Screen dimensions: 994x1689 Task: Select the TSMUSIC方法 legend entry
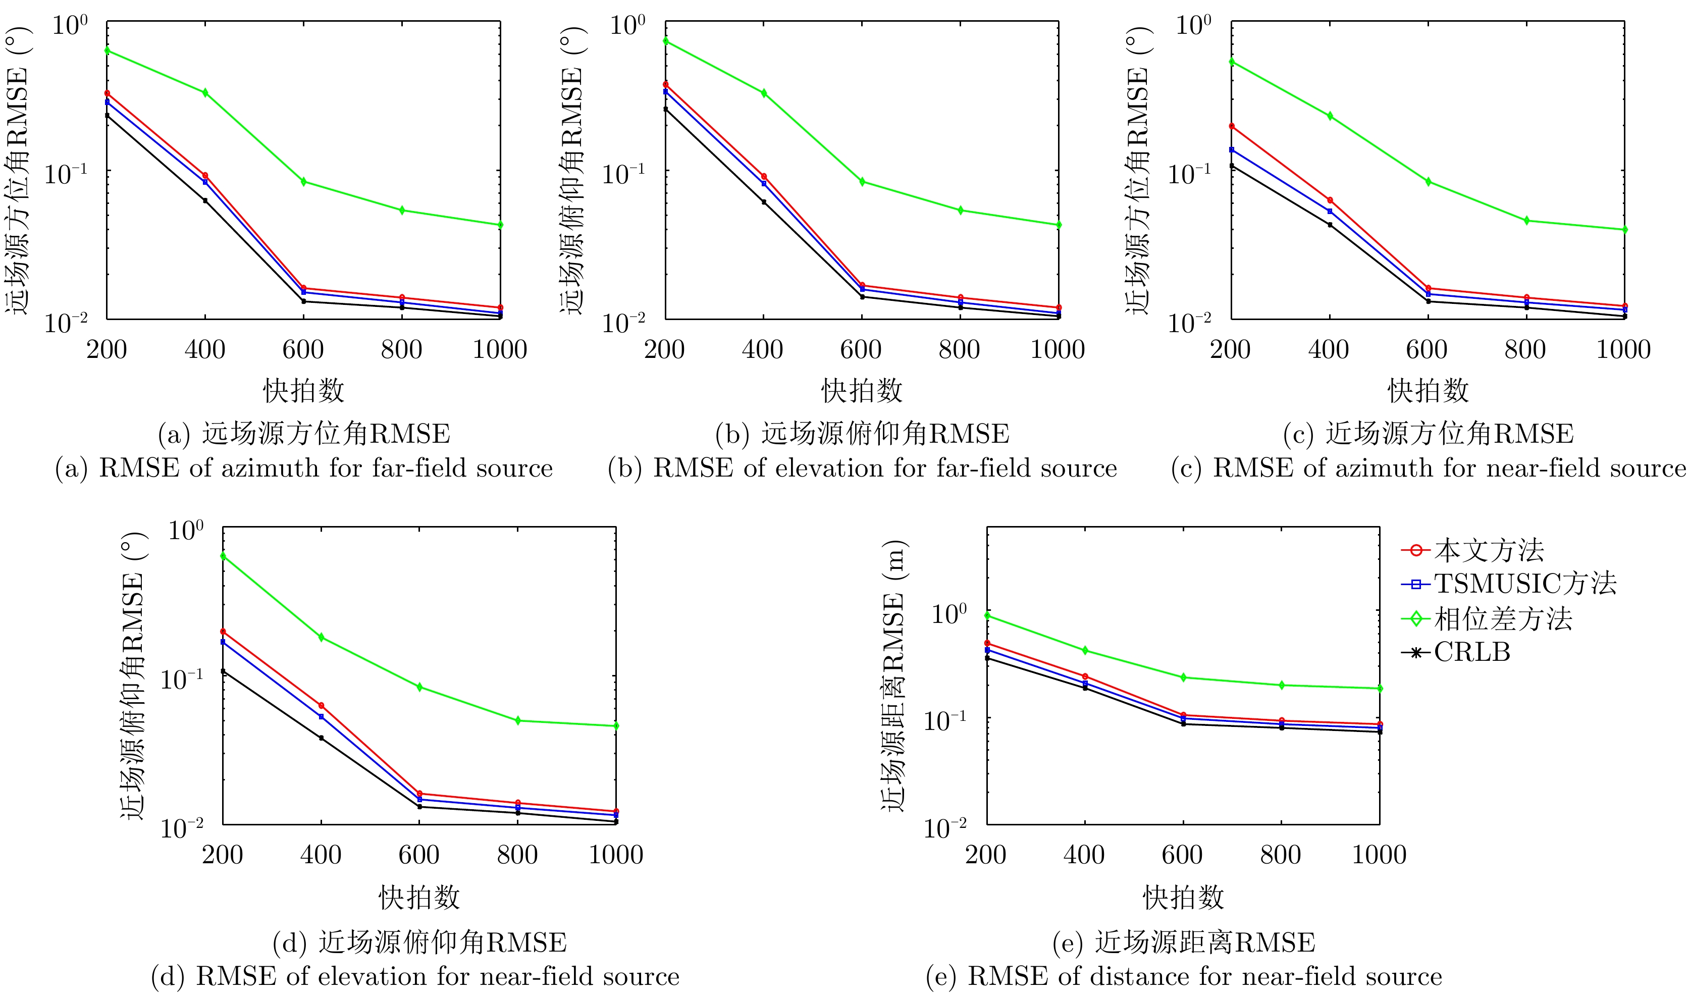(1525, 584)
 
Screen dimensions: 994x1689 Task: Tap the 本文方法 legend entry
(1489, 550)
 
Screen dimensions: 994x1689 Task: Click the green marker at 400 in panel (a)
(205, 92)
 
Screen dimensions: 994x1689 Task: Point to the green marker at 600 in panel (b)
(862, 182)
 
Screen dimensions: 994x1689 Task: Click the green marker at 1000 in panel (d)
(616, 726)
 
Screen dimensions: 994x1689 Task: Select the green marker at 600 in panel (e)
(1184, 677)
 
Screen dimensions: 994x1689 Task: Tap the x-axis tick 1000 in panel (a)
(500, 350)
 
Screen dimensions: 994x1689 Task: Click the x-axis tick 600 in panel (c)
(1428, 350)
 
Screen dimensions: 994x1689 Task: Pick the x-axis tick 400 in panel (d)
(321, 855)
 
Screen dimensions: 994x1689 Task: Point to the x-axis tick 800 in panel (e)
(1281, 855)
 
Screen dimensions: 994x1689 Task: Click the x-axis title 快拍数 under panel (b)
(862, 391)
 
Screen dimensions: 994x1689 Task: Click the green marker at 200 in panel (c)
(1232, 62)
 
